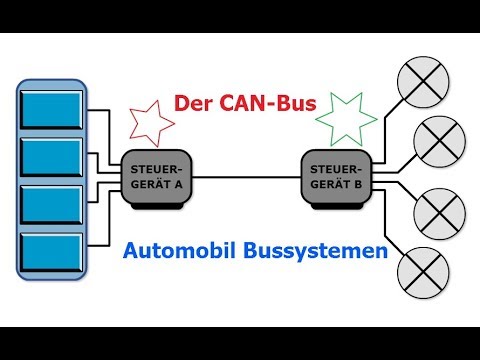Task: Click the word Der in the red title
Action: [x=197, y=104]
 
